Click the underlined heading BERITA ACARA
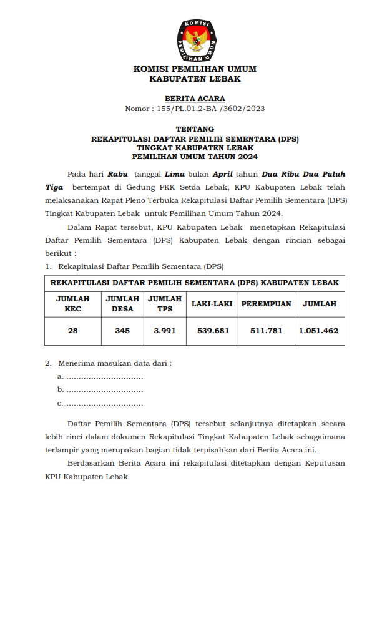[195, 99]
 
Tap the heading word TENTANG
[195, 129]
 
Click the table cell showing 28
[72, 331]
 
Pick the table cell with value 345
[122, 331]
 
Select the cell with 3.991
[165, 331]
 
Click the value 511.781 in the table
[266, 331]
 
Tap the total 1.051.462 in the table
[318, 331]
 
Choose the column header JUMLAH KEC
[72, 304]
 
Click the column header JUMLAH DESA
[122, 304]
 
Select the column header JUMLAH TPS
[165, 304]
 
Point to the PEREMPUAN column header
[266, 304]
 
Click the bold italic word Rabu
[117, 174]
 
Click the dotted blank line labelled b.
[104, 390]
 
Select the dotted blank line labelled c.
[104, 404]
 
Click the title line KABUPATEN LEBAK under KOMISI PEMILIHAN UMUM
[195, 79]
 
